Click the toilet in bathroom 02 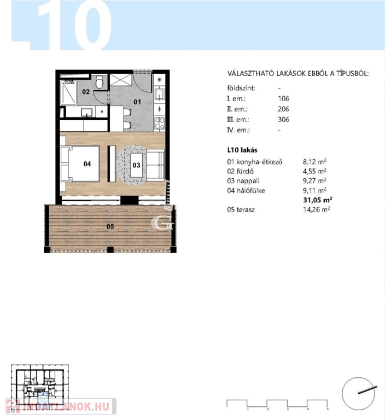pos(100,81)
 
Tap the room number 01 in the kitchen pos(137,102)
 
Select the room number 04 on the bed pos(87,164)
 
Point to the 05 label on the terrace pos(110,226)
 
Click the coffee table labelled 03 pos(137,165)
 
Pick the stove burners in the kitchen pos(160,123)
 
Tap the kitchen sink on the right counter pos(160,94)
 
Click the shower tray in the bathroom pos(68,92)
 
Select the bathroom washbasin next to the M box pos(87,112)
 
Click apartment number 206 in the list pos(283,109)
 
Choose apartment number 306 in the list pos(283,119)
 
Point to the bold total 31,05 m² pos(318,200)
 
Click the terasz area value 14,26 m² pos(317,209)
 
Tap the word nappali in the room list pos(248,181)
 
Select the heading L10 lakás pos(242,150)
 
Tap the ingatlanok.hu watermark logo pos(61,407)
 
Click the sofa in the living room pos(155,165)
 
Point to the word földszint pos(241,88)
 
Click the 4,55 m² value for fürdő pos(314,171)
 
